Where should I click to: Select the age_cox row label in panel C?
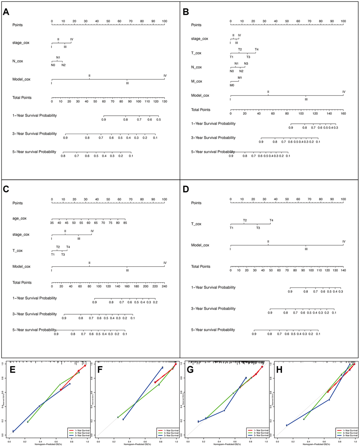(x=19, y=218)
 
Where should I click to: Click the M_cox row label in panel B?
(x=197, y=81)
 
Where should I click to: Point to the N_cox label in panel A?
(x=18, y=61)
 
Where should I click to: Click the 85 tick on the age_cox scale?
(x=125, y=223)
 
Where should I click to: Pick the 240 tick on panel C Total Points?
(x=164, y=286)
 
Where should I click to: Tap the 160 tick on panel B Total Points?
(x=343, y=114)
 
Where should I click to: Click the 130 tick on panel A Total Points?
(x=164, y=102)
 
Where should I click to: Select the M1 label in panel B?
(x=240, y=78)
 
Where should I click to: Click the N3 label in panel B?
(x=246, y=64)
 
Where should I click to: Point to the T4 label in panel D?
(x=271, y=221)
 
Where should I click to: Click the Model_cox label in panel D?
(x=200, y=245)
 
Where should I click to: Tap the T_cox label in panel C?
(x=17, y=250)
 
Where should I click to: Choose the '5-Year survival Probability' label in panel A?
(x=34, y=152)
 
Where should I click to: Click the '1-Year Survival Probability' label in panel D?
(x=213, y=288)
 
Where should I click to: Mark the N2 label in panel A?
(x=63, y=65)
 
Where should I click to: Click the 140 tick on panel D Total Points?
(x=343, y=271)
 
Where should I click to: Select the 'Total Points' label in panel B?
(x=200, y=110)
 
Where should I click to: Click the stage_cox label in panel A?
(x=21, y=43)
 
